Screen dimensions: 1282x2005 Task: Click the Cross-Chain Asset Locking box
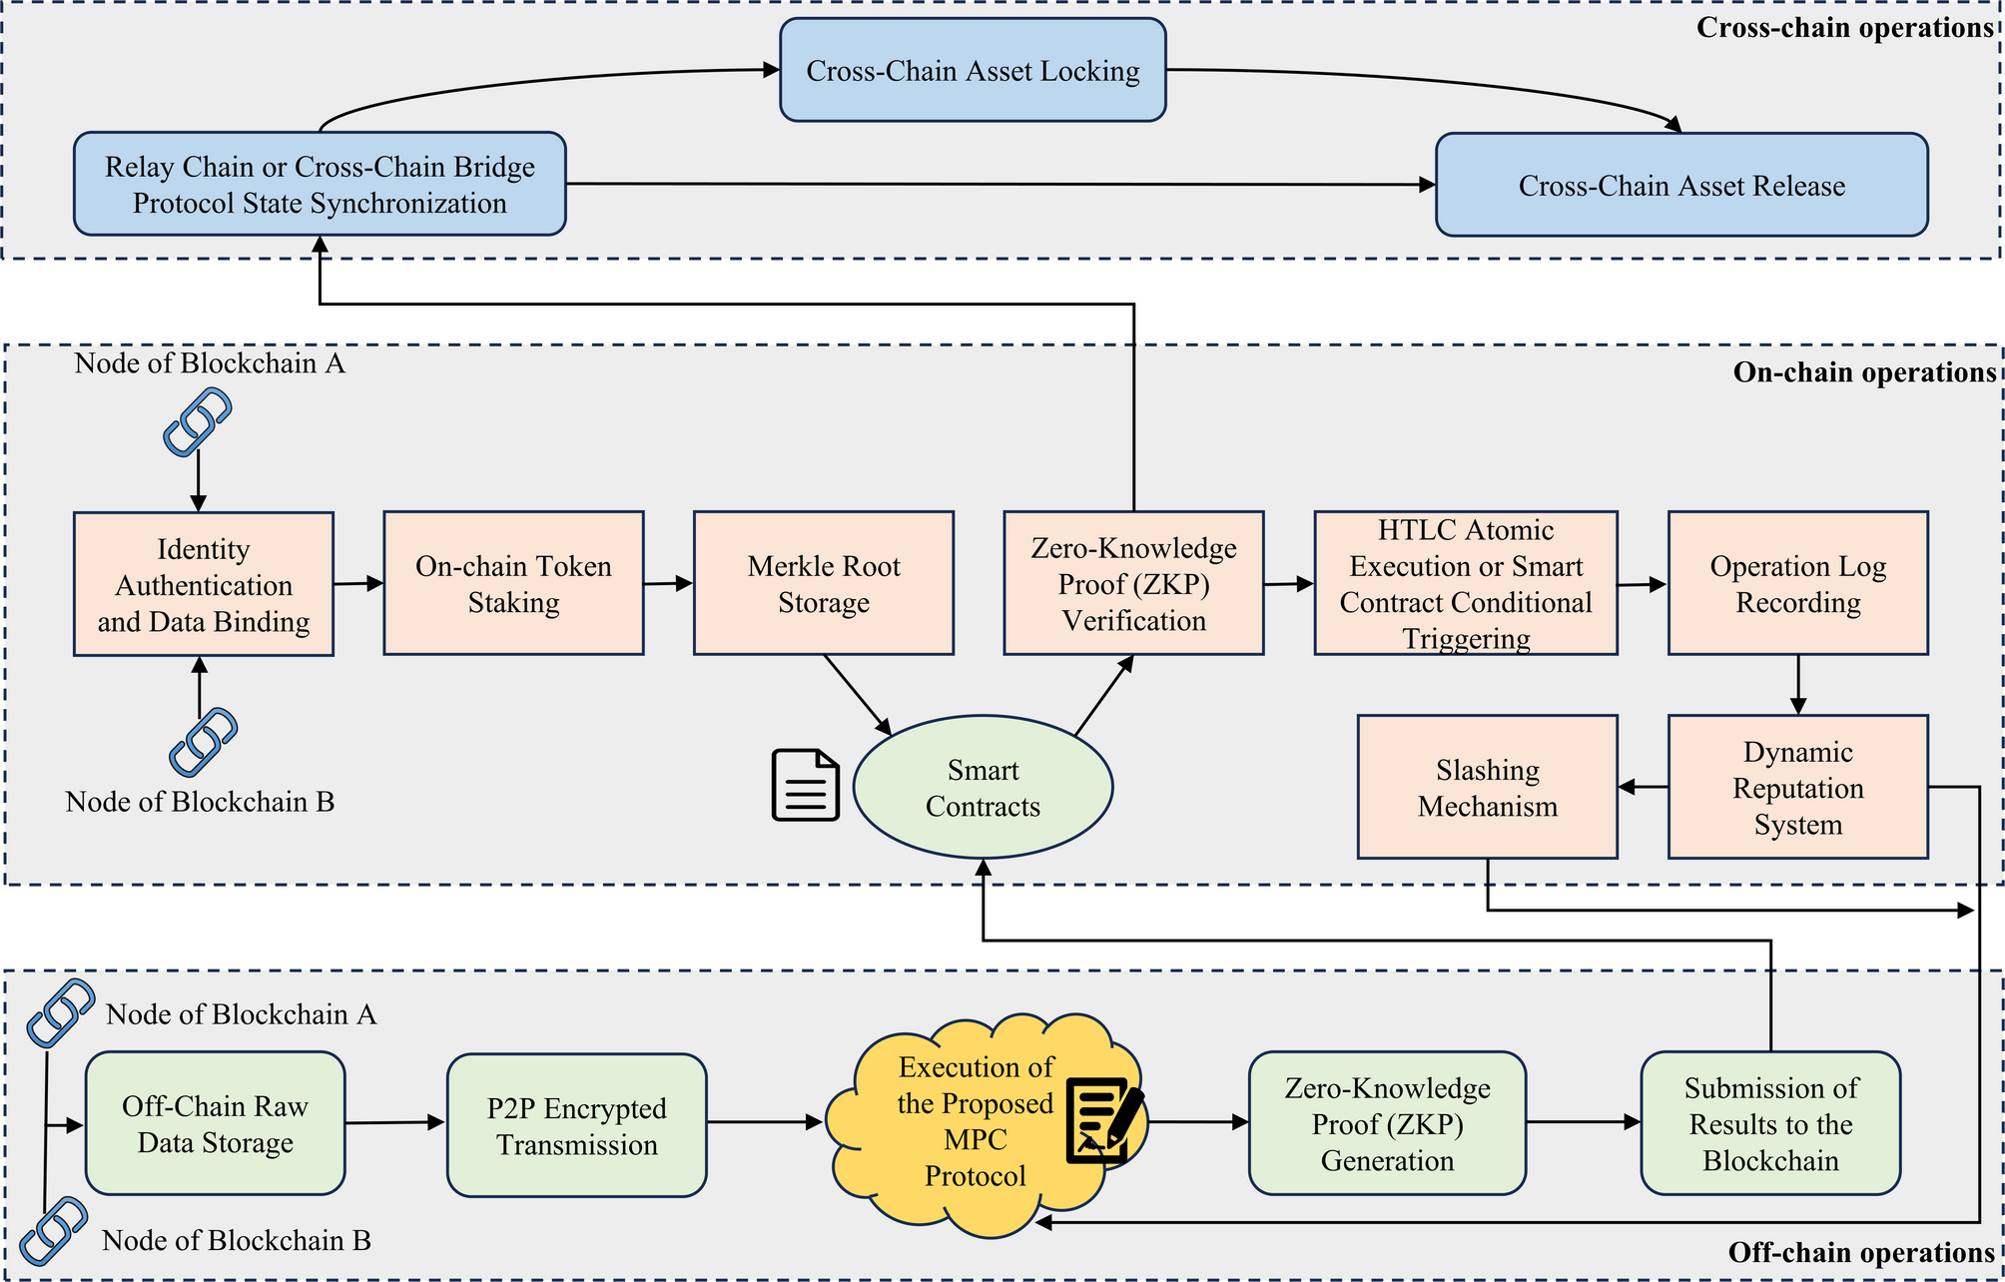point(973,70)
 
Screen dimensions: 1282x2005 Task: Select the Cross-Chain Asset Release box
point(1681,185)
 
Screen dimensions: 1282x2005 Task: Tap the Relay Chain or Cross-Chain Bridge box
point(320,184)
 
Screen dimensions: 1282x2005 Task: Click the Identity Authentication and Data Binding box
point(204,584)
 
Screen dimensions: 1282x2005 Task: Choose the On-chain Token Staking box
point(513,584)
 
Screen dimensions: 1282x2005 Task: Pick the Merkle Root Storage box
point(824,584)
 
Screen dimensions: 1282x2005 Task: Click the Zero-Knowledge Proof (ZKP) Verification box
point(1133,584)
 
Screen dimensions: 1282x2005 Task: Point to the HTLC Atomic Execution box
point(1466,584)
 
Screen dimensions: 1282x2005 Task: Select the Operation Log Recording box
point(1797,584)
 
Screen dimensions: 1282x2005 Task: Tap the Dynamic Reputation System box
point(1797,787)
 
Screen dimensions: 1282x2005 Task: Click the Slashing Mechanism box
point(1487,787)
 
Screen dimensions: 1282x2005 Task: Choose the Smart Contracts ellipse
point(984,787)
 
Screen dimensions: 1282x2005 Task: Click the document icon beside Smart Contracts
point(805,786)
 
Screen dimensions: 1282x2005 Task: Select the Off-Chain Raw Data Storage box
point(216,1123)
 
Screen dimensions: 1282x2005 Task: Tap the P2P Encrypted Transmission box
point(577,1125)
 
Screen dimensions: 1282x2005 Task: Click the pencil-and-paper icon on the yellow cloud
point(1103,1119)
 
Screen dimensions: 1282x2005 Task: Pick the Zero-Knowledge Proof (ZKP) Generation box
point(1387,1123)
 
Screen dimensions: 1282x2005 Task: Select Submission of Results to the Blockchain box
point(1770,1123)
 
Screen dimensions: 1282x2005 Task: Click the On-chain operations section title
point(1863,372)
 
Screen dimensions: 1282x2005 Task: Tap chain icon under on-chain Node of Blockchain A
point(198,421)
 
